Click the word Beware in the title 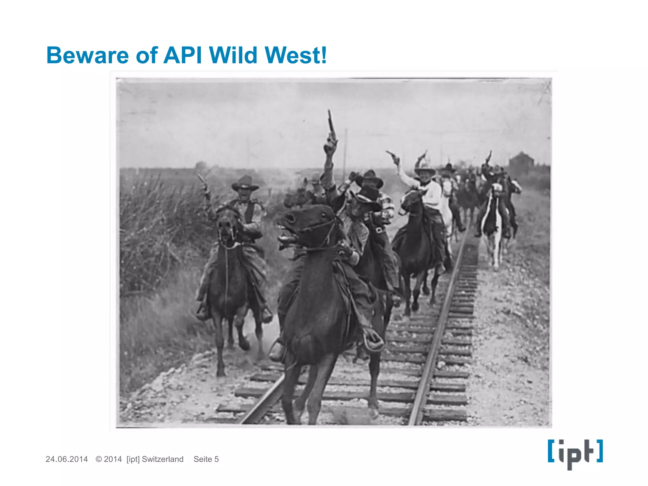tap(87, 55)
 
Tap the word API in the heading tap(183, 55)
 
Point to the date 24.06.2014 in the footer tap(66, 459)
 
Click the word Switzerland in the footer tap(163, 459)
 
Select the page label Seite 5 tap(206, 459)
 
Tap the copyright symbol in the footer tap(99, 459)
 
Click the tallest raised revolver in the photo tap(331, 125)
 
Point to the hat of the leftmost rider tap(245, 183)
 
